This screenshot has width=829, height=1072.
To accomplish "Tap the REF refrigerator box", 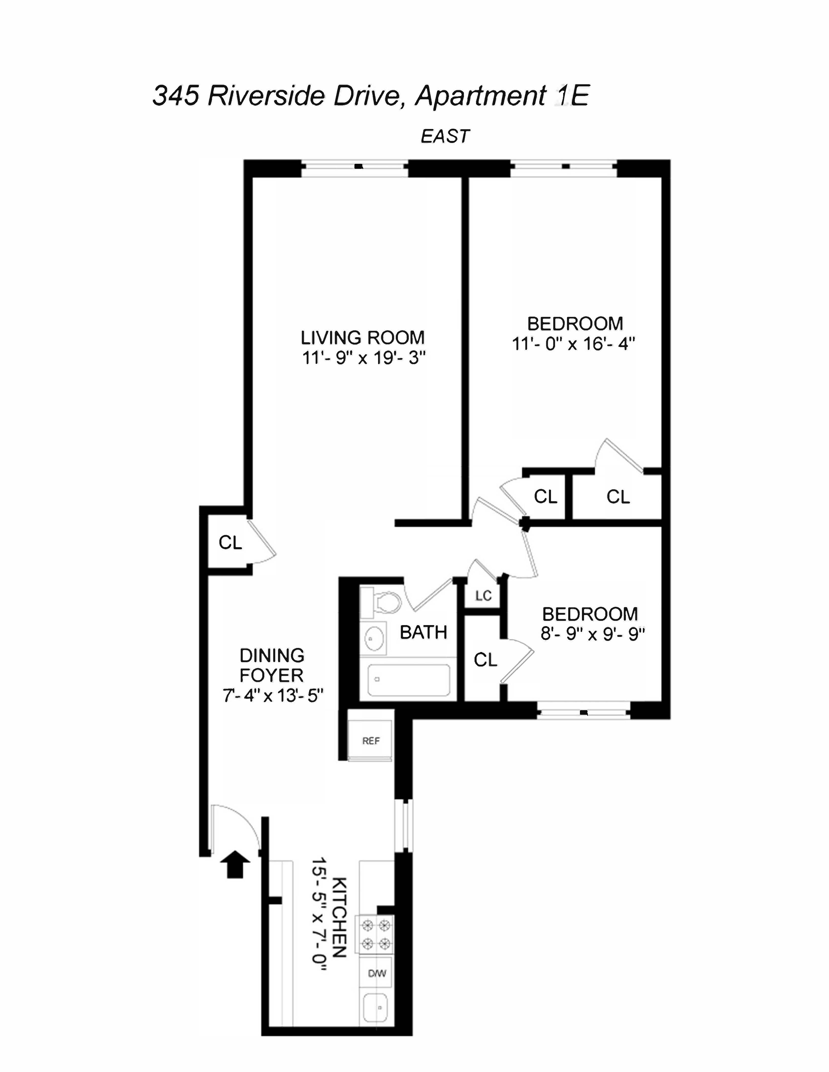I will (370, 741).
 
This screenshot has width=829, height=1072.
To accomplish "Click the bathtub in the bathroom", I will (408, 680).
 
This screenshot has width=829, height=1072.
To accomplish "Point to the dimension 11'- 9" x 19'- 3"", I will (363, 358).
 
